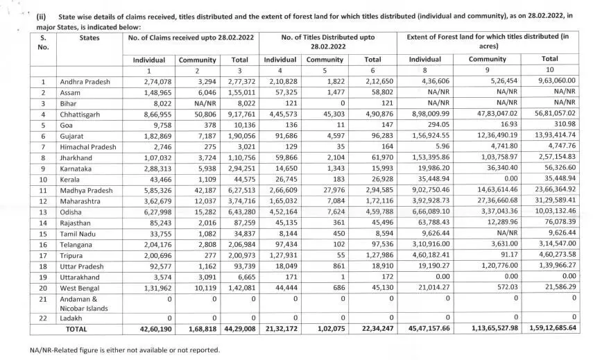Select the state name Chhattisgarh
[x=82, y=114]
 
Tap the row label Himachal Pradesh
[x=89, y=146]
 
